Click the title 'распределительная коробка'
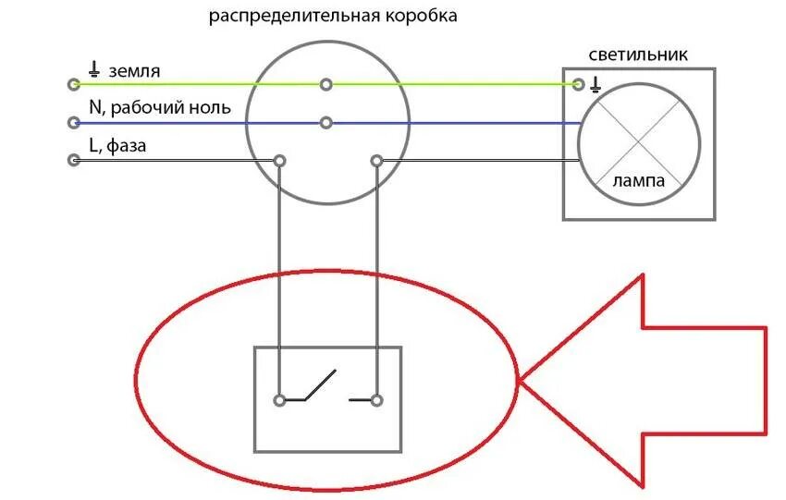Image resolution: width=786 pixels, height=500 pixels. (x=332, y=17)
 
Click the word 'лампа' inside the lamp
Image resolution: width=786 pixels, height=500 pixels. (x=638, y=182)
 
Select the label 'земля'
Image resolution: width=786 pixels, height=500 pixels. (x=133, y=69)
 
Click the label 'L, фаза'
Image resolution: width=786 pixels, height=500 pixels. (x=118, y=145)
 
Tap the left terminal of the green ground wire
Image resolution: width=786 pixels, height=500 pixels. (x=74, y=85)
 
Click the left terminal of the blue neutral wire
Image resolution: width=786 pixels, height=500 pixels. (x=74, y=123)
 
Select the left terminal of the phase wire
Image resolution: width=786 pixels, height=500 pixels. (x=74, y=161)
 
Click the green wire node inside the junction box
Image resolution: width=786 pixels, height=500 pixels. (x=325, y=85)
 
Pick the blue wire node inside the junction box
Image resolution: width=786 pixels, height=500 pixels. (x=325, y=123)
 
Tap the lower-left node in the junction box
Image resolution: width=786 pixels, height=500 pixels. (x=279, y=161)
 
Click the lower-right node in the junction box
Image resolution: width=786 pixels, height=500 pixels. (x=376, y=161)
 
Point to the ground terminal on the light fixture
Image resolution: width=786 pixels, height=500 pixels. (x=579, y=85)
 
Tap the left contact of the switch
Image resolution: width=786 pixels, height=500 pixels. (x=279, y=400)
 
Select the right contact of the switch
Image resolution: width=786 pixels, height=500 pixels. (x=376, y=400)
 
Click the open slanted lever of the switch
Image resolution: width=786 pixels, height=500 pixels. (x=319, y=385)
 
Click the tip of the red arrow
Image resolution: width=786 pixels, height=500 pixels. (x=521, y=380)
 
